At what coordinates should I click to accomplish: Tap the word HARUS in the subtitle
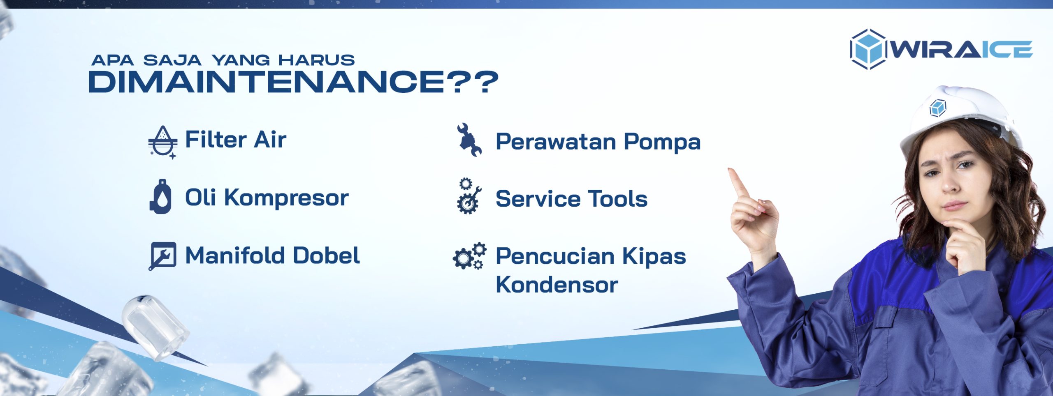click(316, 60)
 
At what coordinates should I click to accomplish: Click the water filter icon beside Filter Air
click(163, 142)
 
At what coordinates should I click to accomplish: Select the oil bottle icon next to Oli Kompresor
click(160, 196)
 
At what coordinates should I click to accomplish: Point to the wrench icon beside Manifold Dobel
click(162, 256)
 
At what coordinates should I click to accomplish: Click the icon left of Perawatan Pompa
click(469, 140)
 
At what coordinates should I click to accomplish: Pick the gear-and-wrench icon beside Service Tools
click(469, 196)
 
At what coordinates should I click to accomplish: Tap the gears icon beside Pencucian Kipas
click(469, 256)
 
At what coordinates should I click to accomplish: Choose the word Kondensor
click(557, 285)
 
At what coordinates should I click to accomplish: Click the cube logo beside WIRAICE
click(868, 49)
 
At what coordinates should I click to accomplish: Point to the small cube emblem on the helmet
click(938, 108)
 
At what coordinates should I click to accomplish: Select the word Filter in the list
click(216, 139)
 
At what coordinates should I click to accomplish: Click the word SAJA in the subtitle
click(172, 60)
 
